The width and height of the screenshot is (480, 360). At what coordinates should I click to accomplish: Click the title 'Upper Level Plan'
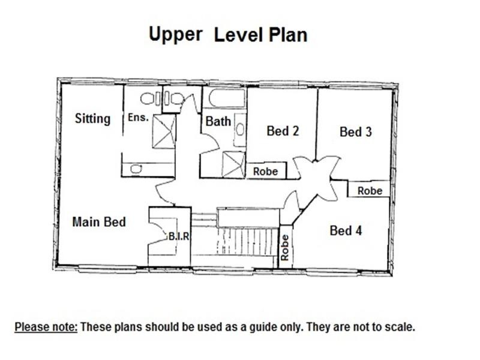click(228, 35)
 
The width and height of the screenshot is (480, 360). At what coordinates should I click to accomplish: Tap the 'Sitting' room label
click(92, 119)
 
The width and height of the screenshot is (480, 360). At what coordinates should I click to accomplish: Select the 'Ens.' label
click(138, 117)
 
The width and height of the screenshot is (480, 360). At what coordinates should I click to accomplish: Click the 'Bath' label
click(218, 121)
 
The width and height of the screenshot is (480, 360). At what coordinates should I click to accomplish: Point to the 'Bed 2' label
click(283, 131)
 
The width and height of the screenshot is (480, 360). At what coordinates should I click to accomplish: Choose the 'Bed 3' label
click(356, 132)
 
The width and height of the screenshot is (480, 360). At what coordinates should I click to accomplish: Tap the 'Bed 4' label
click(346, 230)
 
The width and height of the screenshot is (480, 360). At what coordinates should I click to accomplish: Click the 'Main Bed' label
click(99, 222)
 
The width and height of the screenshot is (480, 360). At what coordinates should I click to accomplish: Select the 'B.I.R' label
click(179, 236)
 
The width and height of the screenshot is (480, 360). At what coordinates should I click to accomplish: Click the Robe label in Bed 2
click(265, 172)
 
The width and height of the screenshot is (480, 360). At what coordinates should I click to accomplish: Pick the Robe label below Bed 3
click(370, 191)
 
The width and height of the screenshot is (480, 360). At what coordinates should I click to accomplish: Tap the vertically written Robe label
click(284, 247)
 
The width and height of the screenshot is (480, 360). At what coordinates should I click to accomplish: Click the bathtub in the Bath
click(227, 98)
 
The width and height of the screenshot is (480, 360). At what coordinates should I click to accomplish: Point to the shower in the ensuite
click(164, 131)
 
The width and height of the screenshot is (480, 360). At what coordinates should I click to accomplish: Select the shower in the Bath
click(233, 164)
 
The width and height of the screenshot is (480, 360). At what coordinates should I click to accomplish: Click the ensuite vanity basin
click(136, 169)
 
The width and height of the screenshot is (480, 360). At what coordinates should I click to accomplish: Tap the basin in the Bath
click(241, 130)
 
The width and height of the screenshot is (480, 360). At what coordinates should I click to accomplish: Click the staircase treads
click(248, 242)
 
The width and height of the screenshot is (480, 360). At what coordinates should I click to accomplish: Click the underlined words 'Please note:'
click(46, 327)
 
